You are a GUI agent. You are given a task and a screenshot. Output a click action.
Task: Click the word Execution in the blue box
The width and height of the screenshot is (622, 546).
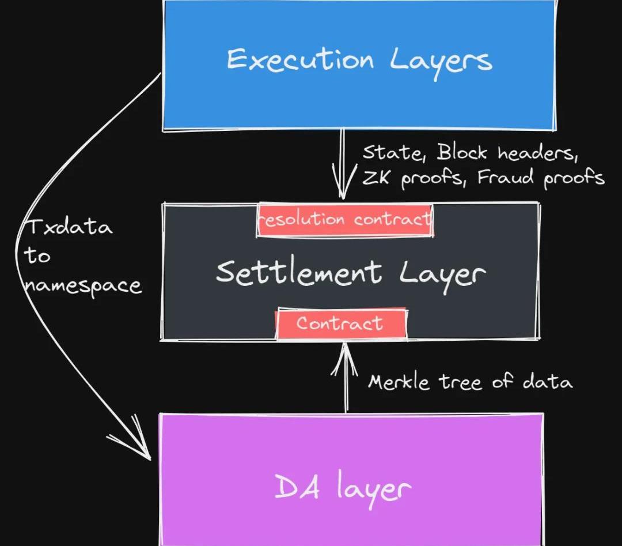300,59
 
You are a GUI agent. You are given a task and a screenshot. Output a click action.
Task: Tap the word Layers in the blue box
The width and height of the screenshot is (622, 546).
441,62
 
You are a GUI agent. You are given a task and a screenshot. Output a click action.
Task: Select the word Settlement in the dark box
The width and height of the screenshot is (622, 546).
299,273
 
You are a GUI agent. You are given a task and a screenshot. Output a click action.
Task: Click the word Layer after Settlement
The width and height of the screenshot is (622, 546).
442,276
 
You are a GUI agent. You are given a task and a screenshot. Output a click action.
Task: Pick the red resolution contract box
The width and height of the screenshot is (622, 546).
344,220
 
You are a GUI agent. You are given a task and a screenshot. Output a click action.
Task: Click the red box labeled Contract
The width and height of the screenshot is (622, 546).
341,323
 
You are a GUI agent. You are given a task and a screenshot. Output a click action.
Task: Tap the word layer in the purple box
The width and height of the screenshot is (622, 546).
374,489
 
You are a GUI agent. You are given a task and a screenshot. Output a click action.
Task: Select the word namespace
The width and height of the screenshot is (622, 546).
82,286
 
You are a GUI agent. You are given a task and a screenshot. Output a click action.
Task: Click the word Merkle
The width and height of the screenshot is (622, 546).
399,382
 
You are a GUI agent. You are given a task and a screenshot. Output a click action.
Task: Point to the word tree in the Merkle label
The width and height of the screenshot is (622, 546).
460,382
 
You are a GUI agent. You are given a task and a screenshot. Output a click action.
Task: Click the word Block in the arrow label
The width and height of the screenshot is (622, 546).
462,152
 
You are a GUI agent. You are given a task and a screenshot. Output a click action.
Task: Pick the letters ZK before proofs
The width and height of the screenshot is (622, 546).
376,178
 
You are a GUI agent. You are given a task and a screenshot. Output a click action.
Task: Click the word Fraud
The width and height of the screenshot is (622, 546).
505,177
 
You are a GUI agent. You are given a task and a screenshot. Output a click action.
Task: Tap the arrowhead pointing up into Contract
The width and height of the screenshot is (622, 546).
345,359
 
